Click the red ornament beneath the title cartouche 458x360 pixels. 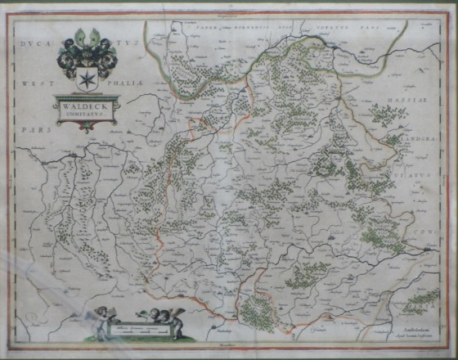tap(86, 125)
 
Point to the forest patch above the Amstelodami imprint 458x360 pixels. tap(421, 304)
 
